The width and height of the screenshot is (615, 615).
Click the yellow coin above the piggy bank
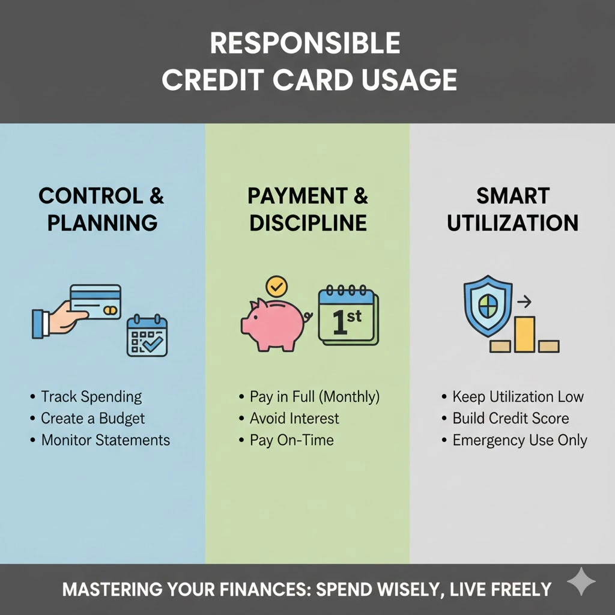coord(276,286)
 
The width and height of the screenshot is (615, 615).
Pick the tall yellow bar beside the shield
coord(524,333)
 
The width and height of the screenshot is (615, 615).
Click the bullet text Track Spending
coord(91,397)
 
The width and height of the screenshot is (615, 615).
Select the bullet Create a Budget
coord(92,419)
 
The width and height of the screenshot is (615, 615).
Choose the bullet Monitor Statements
coord(105,440)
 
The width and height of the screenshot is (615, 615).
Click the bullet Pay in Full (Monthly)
coord(314,397)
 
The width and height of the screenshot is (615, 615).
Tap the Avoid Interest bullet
coord(294,419)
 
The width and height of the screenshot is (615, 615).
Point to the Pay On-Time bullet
coord(291,440)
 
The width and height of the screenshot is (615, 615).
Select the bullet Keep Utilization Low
coord(518,397)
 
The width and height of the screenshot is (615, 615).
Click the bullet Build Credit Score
coord(510,419)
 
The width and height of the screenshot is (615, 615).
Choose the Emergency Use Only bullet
coord(520,440)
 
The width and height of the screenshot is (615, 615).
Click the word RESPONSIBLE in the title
coord(304,44)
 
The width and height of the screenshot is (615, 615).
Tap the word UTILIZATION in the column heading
coord(512,223)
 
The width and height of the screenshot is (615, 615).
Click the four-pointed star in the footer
coord(581,581)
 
